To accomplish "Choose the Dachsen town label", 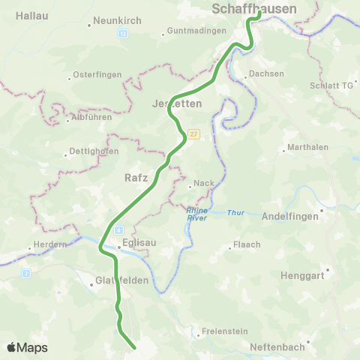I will (x=269, y=73).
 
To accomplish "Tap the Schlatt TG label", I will (x=330, y=85).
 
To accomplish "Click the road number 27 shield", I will (x=193, y=133).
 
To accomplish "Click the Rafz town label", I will (x=136, y=178).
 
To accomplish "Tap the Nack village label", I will (x=204, y=183).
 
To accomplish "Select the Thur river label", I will (x=235, y=213).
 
